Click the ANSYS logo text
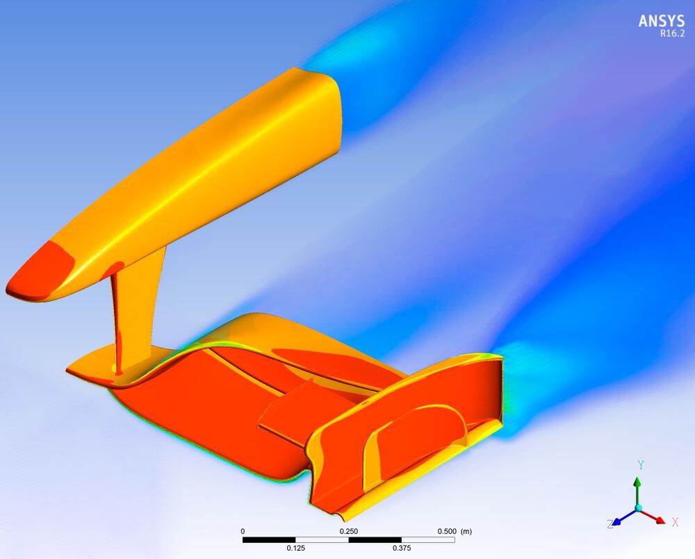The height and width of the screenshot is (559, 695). click(x=661, y=21)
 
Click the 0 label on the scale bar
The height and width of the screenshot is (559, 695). click(x=243, y=531)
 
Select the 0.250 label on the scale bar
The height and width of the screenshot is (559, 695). click(x=348, y=531)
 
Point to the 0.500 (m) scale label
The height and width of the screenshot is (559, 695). click(x=455, y=531)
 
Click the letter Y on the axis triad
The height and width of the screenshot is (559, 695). click(x=641, y=464)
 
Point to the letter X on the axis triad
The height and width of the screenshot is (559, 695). click(x=675, y=521)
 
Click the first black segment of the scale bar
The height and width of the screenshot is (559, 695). click(x=269, y=540)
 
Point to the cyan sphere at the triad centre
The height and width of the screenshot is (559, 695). click(x=638, y=509)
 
